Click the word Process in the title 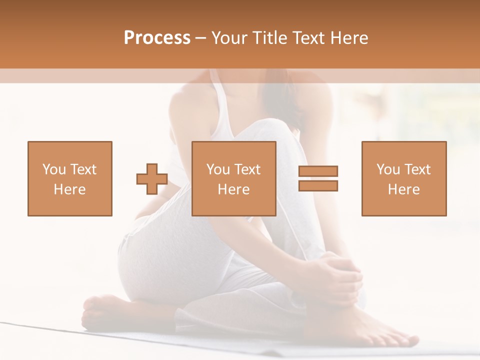coord(157,38)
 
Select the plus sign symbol coord(152,178)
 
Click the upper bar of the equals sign coord(318,171)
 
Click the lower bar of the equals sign coord(318,185)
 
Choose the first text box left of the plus coord(70,178)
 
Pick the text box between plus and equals coord(234,178)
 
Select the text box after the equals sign coord(404,178)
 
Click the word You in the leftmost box coord(53,169)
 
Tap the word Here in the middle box coord(234,189)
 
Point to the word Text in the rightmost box coord(417,169)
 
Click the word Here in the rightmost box coord(404,189)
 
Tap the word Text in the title coord(306,38)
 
